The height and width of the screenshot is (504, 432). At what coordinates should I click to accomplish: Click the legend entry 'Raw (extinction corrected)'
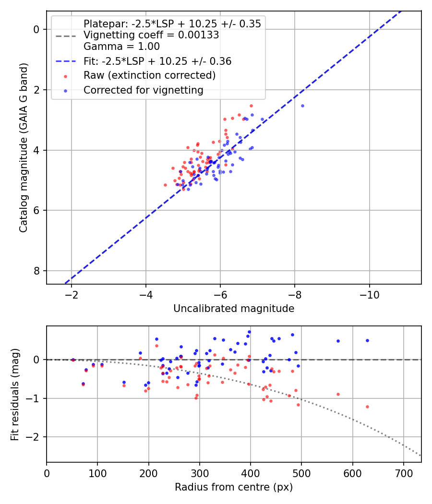(x=149, y=76)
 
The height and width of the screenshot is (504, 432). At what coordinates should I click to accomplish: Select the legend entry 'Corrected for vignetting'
(x=143, y=90)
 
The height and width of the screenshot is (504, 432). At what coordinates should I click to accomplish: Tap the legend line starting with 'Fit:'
(x=157, y=61)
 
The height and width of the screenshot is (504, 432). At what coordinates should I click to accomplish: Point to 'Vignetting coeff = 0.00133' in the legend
(x=151, y=35)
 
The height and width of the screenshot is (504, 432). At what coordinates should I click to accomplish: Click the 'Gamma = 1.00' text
(x=121, y=47)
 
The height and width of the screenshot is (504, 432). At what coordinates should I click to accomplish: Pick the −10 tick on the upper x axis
(x=369, y=293)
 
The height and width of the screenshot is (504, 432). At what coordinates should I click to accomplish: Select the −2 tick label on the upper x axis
(x=72, y=293)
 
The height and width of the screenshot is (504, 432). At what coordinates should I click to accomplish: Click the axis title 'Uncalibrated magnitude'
(x=234, y=309)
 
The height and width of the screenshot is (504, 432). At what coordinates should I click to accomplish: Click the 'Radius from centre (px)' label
(x=234, y=487)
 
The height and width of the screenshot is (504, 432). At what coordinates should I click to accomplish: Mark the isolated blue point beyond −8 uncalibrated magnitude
(x=302, y=106)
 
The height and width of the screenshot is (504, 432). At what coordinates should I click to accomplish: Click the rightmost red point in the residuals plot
(x=367, y=407)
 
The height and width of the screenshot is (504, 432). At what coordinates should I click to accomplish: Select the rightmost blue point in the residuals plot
(x=367, y=340)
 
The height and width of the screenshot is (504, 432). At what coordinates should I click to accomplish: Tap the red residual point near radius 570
(x=338, y=394)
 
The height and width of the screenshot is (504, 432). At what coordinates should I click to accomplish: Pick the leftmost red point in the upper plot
(x=165, y=185)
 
